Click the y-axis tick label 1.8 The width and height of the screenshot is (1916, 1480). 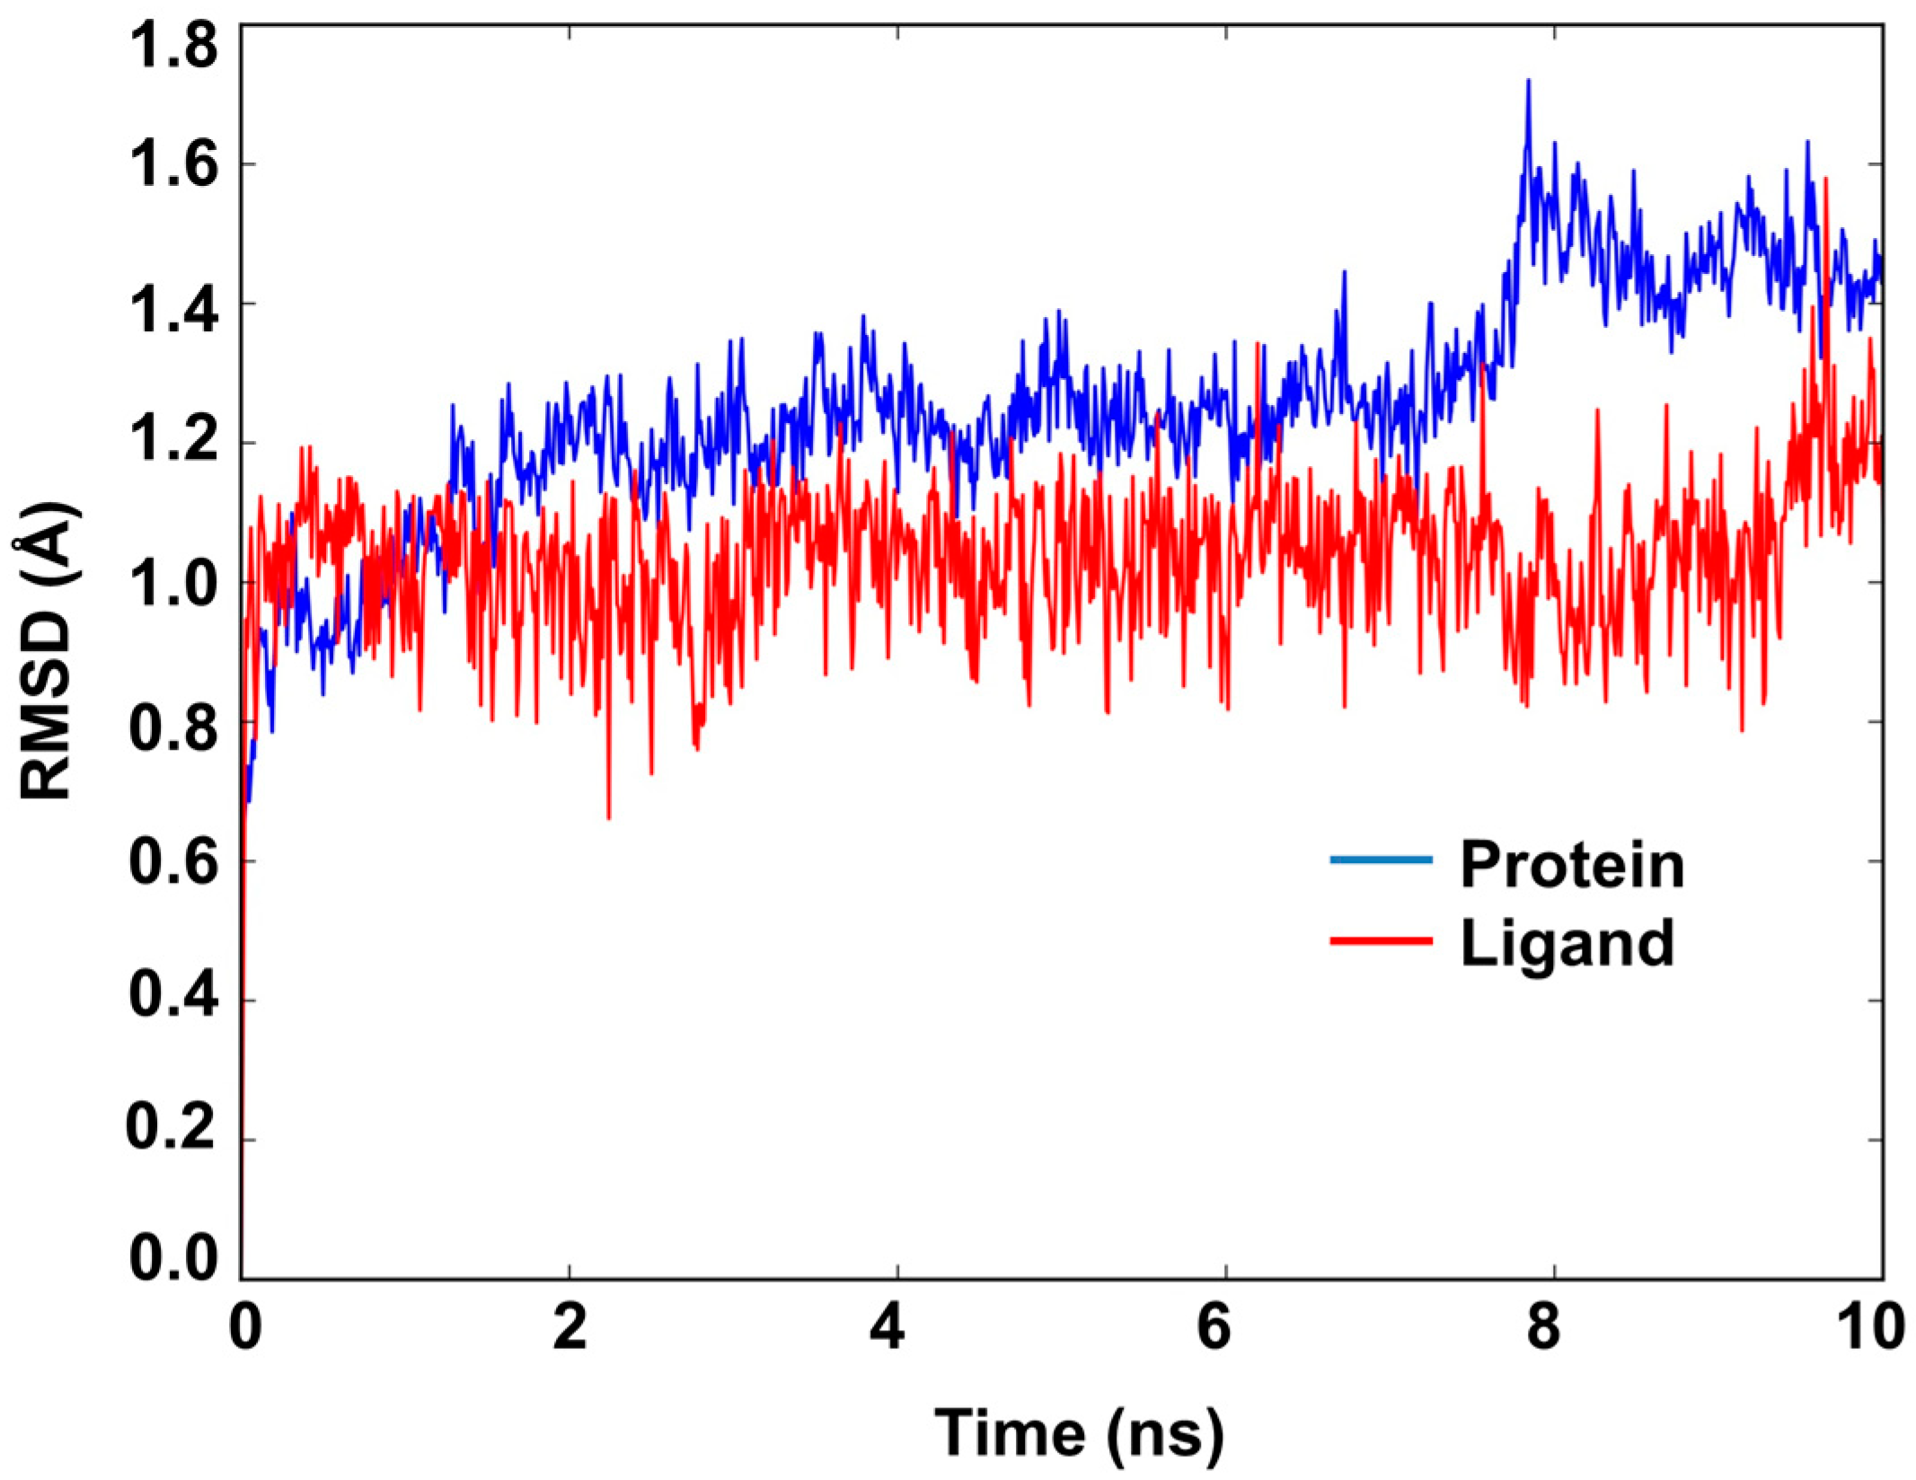coord(173,47)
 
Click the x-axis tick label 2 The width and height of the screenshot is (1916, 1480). coord(570,1327)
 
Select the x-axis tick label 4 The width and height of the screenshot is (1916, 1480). coord(887,1327)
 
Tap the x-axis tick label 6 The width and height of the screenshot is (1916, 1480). coord(1214,1327)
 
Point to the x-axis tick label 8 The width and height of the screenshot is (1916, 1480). coord(1543,1327)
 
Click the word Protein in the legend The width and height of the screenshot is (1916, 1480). coord(1572,865)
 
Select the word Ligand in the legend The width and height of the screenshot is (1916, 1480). coord(1567,944)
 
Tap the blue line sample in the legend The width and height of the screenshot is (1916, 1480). coord(1381,860)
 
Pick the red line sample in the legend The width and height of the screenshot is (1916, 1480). coord(1381,940)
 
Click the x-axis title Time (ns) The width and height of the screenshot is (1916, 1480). coord(1079,1433)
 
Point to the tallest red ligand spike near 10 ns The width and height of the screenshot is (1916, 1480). coord(1826,181)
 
